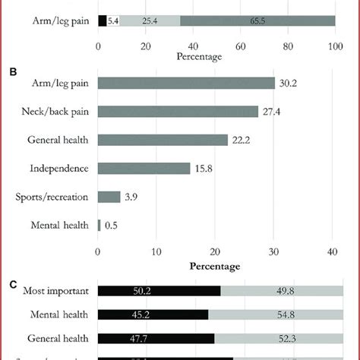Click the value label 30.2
pyautogui.click(x=288, y=83)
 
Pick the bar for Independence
pyautogui.click(x=144, y=169)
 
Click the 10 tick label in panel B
pyautogui.click(x=156, y=252)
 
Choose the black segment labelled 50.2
pyautogui.click(x=159, y=291)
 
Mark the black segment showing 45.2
pyautogui.click(x=153, y=314)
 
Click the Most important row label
pyautogui.click(x=56, y=291)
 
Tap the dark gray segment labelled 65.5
pyautogui.click(x=257, y=21)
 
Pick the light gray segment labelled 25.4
pyautogui.click(x=150, y=21)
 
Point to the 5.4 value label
pyautogui.click(x=113, y=21)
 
